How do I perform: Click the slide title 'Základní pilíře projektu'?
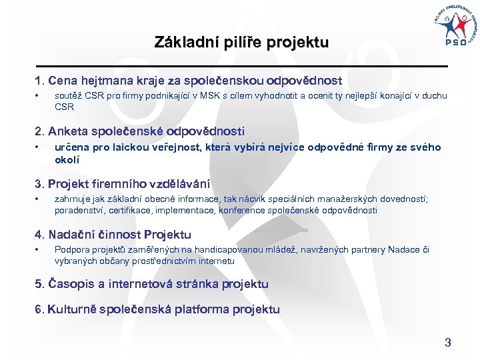(x=241, y=43)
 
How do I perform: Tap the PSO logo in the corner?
(x=455, y=27)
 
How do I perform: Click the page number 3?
(x=448, y=343)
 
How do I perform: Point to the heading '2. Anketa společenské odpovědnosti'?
(x=139, y=131)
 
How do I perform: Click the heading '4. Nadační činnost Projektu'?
(x=113, y=235)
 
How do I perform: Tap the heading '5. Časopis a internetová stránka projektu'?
(x=151, y=284)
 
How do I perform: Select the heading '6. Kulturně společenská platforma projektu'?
(x=157, y=309)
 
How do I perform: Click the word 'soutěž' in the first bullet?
(x=67, y=96)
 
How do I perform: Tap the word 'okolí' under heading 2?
(x=67, y=160)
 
